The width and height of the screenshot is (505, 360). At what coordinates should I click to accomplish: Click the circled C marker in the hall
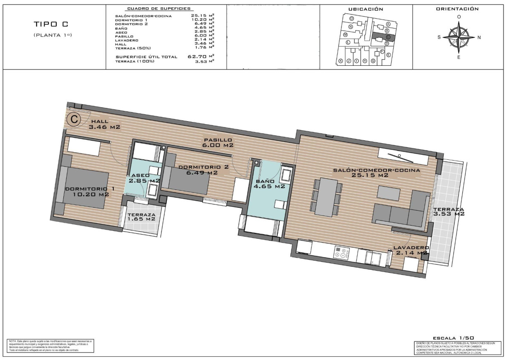74,120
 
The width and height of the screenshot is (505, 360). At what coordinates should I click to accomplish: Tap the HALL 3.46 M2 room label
104,124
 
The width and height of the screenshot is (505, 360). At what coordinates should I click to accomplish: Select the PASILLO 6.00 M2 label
217,142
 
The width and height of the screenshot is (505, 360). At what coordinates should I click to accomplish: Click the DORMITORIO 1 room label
90,191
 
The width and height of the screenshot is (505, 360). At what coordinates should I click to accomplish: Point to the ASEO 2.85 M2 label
144,178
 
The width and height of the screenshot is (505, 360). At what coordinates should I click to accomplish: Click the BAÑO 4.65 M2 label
270,184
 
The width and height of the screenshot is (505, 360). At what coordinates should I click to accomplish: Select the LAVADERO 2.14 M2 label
410,250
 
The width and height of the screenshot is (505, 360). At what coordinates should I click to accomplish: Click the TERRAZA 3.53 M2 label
449,211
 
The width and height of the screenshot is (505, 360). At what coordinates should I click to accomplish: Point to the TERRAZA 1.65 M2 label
142,217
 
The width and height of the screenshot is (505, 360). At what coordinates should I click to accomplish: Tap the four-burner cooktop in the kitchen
342,252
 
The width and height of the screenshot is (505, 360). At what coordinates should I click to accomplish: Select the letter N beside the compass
479,37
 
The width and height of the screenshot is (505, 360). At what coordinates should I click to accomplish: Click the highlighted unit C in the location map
388,37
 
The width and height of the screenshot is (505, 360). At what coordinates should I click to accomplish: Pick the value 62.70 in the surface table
196,57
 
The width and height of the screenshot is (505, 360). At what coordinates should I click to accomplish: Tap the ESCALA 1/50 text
450,338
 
